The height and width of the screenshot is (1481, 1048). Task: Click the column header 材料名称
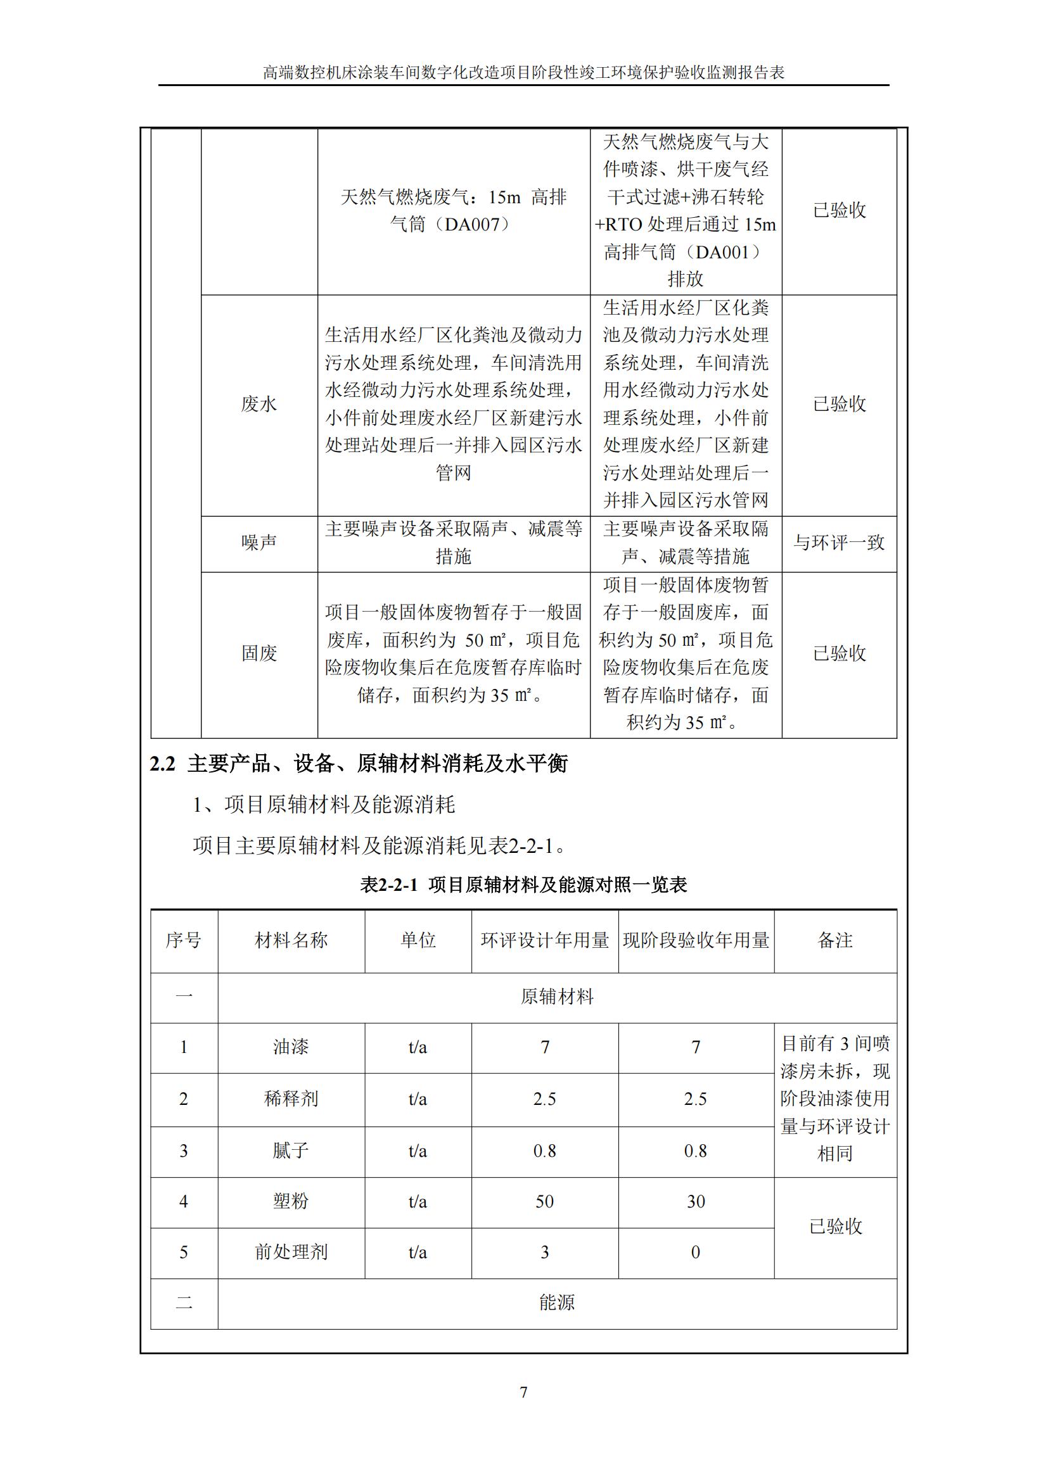click(x=291, y=940)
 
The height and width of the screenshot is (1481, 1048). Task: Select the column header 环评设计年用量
click(x=545, y=940)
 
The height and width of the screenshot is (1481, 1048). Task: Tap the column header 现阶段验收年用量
click(x=696, y=940)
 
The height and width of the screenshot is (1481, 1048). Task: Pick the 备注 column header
click(x=835, y=940)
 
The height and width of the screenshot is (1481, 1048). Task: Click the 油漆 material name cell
click(x=291, y=1046)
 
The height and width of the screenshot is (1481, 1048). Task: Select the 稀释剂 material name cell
click(x=291, y=1099)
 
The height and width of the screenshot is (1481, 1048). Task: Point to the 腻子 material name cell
click(x=291, y=1150)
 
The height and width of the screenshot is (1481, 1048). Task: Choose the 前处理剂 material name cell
click(x=291, y=1252)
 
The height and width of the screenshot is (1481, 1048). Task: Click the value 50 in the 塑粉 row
click(x=545, y=1201)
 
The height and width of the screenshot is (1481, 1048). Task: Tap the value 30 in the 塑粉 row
click(x=696, y=1201)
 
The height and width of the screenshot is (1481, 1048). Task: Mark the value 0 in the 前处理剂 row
click(x=696, y=1252)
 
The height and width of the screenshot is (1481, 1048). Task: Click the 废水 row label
click(x=259, y=405)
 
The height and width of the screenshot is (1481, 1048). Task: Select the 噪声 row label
click(x=259, y=543)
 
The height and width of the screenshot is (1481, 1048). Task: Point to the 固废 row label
click(x=259, y=653)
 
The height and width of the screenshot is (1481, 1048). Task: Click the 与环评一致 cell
click(x=839, y=543)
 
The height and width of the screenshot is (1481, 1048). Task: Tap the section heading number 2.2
click(x=163, y=764)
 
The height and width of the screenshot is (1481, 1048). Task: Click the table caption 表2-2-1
click(x=388, y=885)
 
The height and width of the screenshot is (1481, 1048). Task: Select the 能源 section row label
click(x=557, y=1303)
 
